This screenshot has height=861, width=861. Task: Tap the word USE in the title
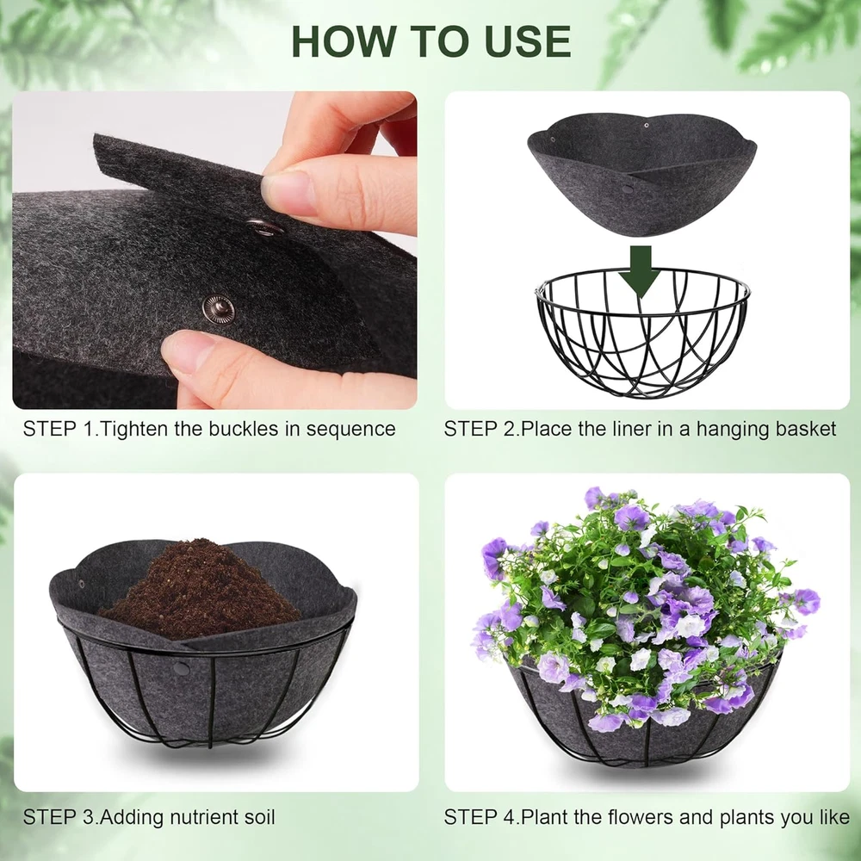[528, 41]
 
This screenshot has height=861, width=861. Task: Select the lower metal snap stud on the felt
[218, 310]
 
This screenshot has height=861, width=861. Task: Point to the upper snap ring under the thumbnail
[263, 226]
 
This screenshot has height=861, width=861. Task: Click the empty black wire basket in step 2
[642, 331]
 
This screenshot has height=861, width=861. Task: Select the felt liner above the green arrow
[642, 174]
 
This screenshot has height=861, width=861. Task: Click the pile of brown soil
[201, 591]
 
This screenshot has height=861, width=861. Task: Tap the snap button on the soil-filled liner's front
[181, 668]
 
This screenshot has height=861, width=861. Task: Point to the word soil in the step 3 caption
[257, 817]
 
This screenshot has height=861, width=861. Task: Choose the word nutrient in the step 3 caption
[201, 817]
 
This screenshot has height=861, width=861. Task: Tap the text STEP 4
[481, 817]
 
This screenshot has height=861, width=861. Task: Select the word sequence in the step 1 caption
[350, 430]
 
